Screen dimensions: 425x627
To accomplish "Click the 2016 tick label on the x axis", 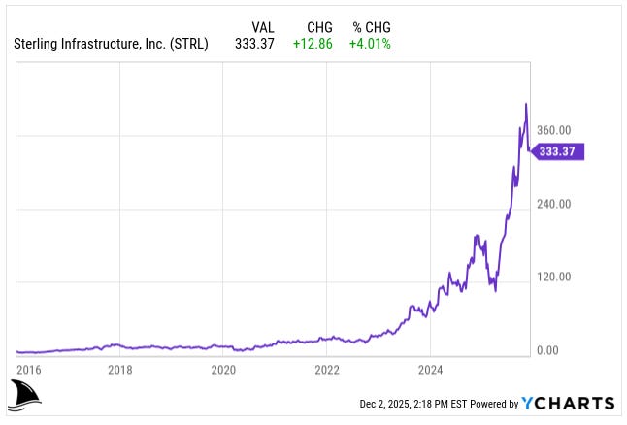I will point(29,369).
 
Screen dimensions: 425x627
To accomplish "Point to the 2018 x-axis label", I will point(119,369).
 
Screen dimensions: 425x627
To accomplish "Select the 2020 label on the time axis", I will point(223,369).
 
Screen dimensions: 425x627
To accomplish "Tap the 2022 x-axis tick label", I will point(327,369).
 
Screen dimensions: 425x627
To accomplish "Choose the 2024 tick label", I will point(431,369).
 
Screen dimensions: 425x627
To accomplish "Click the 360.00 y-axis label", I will point(554,131).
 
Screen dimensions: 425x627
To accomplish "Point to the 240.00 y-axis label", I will point(554,205).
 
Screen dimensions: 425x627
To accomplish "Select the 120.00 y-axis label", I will point(554,278).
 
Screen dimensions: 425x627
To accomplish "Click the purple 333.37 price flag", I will point(561,151).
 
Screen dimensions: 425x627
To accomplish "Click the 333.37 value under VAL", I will point(253,44).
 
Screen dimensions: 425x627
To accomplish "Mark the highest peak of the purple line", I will point(526,103).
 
